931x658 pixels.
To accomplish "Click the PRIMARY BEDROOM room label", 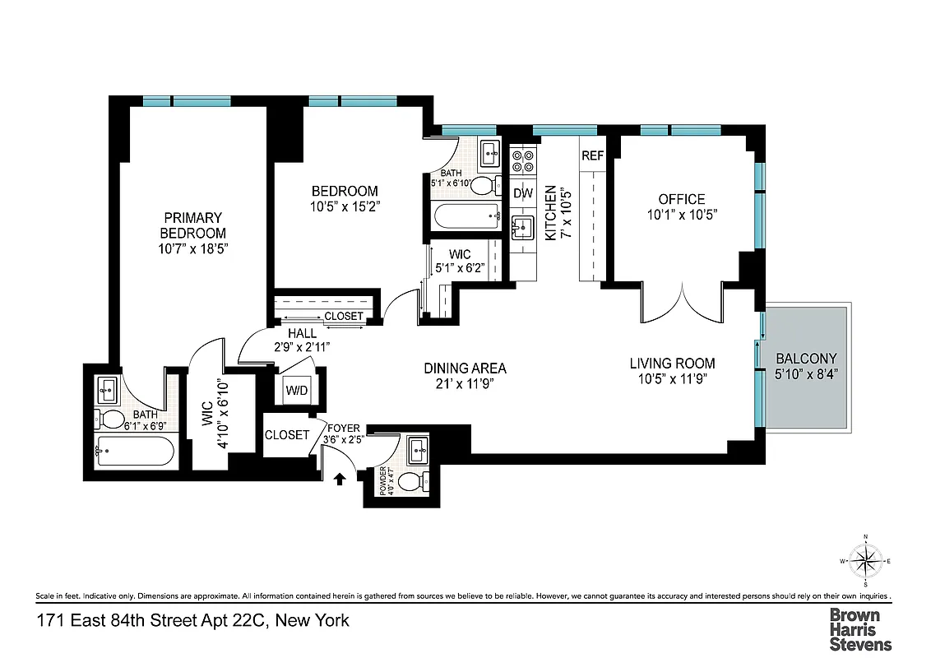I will pyautogui.click(x=192, y=225).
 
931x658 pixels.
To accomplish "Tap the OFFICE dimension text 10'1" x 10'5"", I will pyautogui.click(x=682, y=215).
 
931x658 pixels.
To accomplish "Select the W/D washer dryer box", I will pyautogui.click(x=296, y=390).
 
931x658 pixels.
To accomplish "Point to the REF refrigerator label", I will pyautogui.click(x=592, y=155).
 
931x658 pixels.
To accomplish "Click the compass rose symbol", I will pyautogui.click(x=865, y=563).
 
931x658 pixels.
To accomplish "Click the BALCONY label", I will pyautogui.click(x=806, y=359).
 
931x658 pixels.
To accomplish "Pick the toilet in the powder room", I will pyautogui.click(x=424, y=480).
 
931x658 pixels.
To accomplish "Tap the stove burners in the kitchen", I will pyautogui.click(x=523, y=161).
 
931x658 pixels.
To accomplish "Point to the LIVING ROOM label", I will pyautogui.click(x=672, y=363).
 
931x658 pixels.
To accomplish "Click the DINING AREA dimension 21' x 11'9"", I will pyautogui.click(x=465, y=383).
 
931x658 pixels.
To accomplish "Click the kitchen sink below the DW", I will pyautogui.click(x=522, y=225).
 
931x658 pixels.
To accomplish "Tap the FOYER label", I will pyautogui.click(x=343, y=428).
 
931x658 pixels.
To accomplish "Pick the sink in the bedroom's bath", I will pyautogui.click(x=490, y=151).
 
